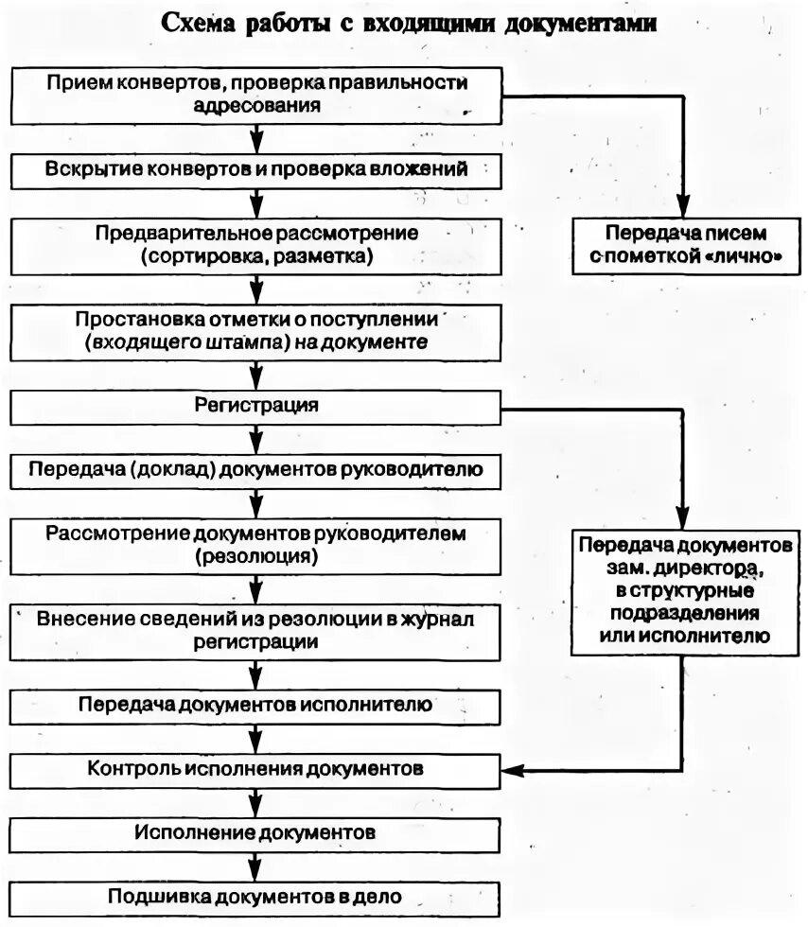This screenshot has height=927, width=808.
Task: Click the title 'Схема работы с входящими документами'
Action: (x=408, y=23)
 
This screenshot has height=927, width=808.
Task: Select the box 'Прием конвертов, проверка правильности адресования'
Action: (x=256, y=93)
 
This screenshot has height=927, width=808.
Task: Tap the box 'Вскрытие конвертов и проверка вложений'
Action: (x=256, y=169)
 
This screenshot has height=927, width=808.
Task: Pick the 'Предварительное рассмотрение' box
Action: (x=256, y=244)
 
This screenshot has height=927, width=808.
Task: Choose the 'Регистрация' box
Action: (x=256, y=407)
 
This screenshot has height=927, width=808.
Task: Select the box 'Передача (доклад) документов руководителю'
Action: (x=256, y=469)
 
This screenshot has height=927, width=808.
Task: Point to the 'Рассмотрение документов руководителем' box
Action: (x=256, y=545)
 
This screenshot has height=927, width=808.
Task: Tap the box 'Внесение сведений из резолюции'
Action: (x=256, y=629)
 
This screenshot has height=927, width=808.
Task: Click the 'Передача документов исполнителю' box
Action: (x=256, y=706)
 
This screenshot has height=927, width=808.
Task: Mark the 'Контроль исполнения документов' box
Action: (x=256, y=768)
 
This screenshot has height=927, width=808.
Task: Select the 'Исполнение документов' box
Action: (x=256, y=833)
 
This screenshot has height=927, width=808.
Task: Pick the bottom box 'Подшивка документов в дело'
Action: (x=256, y=896)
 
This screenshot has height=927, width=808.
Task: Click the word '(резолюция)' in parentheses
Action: (x=256, y=557)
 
